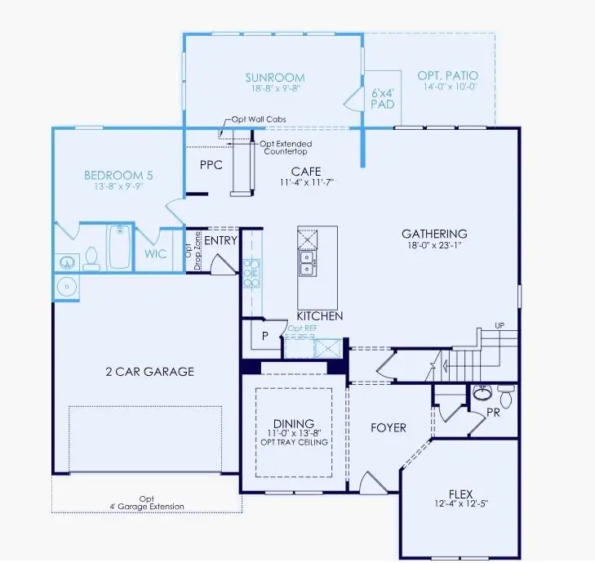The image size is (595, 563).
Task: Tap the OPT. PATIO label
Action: click(446, 75)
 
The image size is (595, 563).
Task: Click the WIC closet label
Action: click(156, 254)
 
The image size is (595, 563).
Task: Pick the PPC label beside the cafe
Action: click(211, 164)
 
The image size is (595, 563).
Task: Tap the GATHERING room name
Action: click(433, 234)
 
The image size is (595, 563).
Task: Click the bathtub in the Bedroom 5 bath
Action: click(119, 248)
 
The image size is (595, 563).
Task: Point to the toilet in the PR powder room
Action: click(506, 397)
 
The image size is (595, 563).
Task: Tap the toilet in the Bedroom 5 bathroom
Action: click(91, 258)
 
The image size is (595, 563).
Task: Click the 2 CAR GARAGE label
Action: click(149, 372)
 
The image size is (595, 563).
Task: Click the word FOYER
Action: click(388, 427)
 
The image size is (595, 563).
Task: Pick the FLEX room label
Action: click(460, 494)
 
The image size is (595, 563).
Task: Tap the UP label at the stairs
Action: click(500, 325)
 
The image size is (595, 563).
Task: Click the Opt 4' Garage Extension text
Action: click(146, 503)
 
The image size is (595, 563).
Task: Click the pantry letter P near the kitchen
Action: click(264, 335)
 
